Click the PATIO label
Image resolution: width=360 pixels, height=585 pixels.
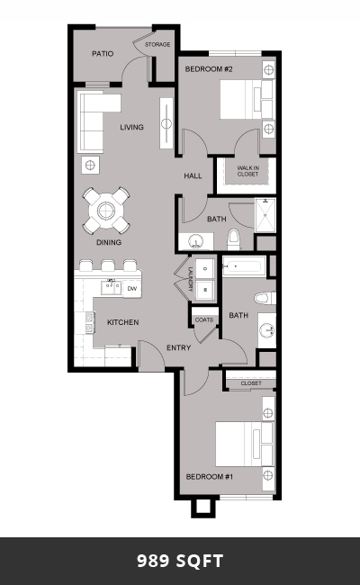pos(103,54)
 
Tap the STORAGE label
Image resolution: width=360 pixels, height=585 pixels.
pos(157,44)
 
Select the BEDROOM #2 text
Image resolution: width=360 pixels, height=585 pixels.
pos(209,69)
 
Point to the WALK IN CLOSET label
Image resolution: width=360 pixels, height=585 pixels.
pos(247,171)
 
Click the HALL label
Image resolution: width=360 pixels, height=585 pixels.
pos(193,175)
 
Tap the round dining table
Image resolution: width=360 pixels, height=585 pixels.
pos(106,211)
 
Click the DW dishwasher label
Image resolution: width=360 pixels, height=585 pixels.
pos(131,288)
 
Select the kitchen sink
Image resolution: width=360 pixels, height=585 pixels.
pos(111,288)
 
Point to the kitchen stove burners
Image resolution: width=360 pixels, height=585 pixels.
pos(89,323)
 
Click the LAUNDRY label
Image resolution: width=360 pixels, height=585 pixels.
pos(190,279)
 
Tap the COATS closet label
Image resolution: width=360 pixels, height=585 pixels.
pos(204,319)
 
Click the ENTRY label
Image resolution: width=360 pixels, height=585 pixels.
pos(179,347)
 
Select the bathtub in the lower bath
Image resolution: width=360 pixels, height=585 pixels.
pos(244,266)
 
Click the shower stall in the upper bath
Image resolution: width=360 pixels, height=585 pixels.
pos(265,215)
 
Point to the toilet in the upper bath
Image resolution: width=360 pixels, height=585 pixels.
pos(233,239)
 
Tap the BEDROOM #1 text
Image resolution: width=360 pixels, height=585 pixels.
pos(210,476)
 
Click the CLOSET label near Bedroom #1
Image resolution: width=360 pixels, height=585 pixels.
pos(251,383)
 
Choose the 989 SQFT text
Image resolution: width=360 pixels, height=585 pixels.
pos(180,561)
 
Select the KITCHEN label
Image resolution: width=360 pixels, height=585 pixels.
pos(123,322)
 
